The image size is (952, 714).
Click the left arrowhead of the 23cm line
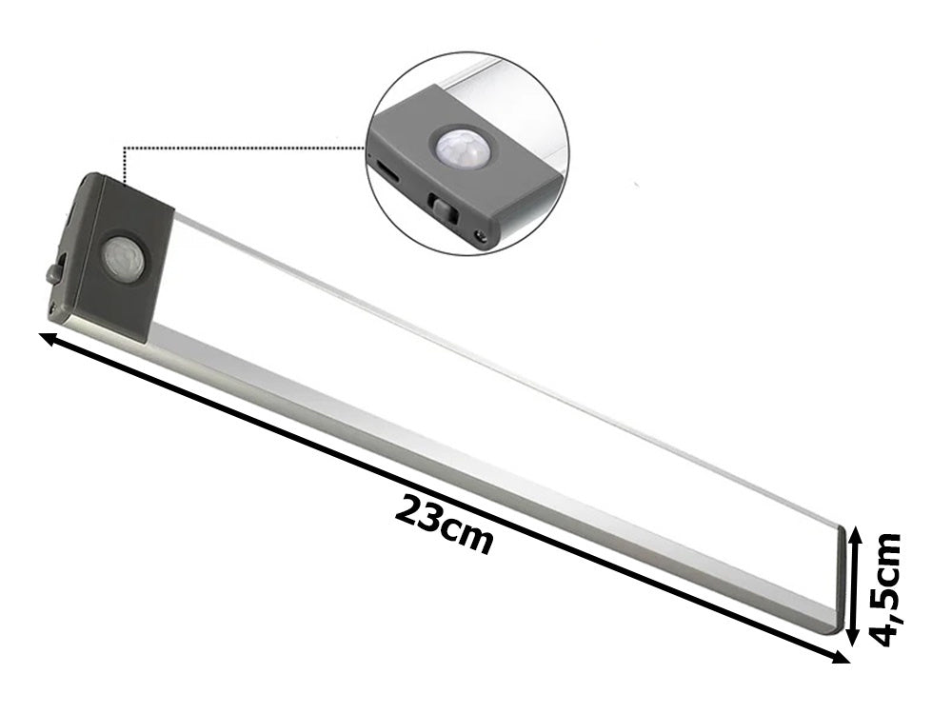(x=48, y=337)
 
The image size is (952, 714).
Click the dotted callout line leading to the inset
(x=238, y=149)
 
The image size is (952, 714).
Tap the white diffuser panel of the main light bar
(x=476, y=400)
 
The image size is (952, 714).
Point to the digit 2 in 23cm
(x=407, y=510)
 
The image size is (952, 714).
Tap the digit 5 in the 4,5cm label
(x=887, y=594)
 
